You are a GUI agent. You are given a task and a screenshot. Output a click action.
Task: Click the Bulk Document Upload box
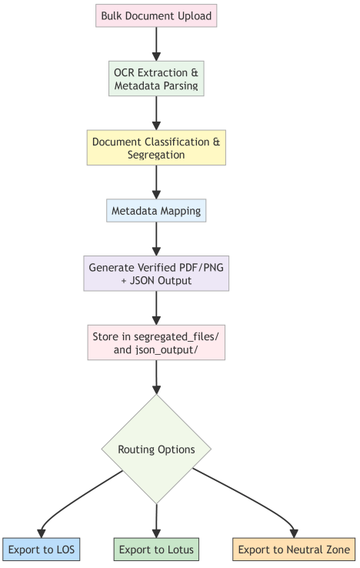click(x=156, y=15)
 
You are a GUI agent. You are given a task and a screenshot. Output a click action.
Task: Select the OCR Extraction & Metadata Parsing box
click(x=156, y=79)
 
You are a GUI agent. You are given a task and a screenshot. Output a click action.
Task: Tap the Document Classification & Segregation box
click(x=156, y=148)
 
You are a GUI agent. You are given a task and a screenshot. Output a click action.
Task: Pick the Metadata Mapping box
click(x=156, y=210)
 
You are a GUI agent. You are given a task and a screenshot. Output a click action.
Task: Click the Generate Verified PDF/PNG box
click(x=156, y=273)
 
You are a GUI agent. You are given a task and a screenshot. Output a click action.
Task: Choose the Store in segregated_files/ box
click(x=156, y=342)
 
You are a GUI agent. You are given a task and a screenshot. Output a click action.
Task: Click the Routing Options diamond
click(x=156, y=449)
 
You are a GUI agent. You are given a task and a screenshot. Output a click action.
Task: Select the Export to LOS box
click(x=42, y=550)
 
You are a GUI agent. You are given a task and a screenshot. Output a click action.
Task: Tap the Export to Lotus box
click(x=156, y=550)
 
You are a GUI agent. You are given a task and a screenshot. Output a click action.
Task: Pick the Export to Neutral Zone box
click(x=294, y=550)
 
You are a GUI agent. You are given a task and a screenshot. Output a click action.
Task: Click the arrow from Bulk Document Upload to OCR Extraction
click(x=156, y=44)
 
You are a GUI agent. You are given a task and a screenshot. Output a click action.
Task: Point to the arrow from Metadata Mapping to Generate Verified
click(x=156, y=239)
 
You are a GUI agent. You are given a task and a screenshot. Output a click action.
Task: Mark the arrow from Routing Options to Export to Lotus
click(x=156, y=521)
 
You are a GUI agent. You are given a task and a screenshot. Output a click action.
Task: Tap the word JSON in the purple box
click(x=142, y=281)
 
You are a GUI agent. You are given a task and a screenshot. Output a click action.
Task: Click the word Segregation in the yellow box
click(x=156, y=155)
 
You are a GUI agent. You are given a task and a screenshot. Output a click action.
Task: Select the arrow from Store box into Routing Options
click(x=156, y=377)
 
